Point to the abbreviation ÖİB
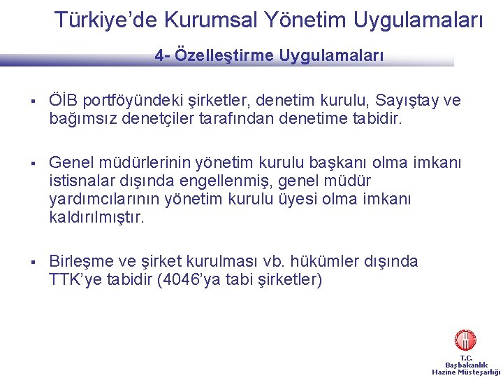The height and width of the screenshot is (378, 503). point(63,101)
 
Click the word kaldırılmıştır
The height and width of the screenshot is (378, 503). point(96,218)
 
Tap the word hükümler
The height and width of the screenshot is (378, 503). point(329,262)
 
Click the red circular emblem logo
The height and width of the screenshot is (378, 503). point(465,341)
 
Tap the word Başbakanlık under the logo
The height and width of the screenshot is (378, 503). point(466,365)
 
